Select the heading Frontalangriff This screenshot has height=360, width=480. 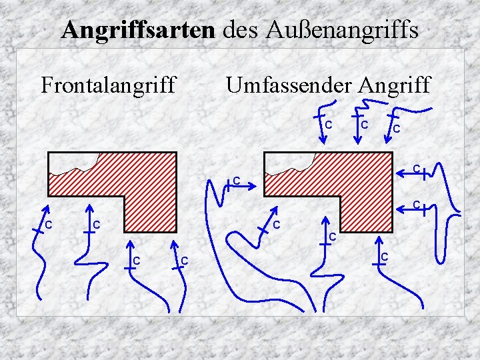[109, 85]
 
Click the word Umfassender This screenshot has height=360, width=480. [289, 85]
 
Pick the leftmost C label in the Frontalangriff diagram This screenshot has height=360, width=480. [49, 223]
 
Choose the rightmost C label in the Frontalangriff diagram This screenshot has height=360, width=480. [185, 259]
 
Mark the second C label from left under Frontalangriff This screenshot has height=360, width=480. [96, 223]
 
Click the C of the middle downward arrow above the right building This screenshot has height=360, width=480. [364, 124]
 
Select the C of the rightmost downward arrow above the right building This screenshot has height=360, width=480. [396, 128]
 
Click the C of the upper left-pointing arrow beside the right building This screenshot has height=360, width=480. [415, 169]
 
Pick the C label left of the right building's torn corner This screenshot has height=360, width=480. [235, 180]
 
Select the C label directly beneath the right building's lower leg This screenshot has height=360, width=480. [385, 257]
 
